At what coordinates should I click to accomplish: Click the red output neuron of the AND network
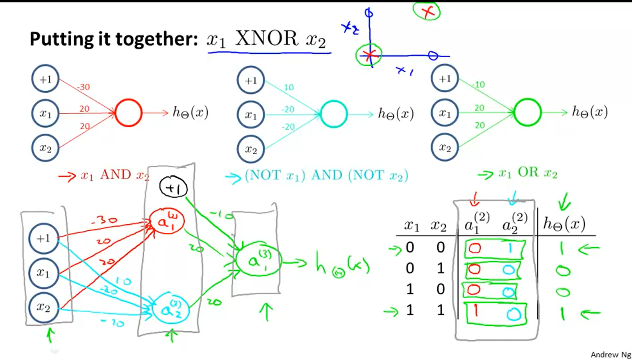[x=129, y=113]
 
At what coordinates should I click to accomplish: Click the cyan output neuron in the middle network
[x=334, y=114]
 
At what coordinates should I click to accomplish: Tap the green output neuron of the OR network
[x=527, y=113]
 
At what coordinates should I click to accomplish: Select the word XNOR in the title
[x=266, y=39]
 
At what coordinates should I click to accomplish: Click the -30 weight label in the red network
[x=83, y=87]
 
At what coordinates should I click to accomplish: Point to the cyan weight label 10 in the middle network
[x=289, y=87]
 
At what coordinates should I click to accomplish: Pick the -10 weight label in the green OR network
[x=479, y=84]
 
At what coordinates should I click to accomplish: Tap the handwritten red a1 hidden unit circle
[x=167, y=220]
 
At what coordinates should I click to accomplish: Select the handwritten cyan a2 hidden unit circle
[x=170, y=309]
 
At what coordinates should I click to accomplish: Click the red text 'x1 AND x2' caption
[x=115, y=175]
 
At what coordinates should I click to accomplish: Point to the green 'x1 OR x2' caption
[x=528, y=173]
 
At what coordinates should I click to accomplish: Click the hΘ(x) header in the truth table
[x=564, y=224]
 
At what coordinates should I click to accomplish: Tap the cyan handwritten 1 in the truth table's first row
[x=511, y=249]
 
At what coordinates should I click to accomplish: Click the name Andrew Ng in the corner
[x=610, y=354]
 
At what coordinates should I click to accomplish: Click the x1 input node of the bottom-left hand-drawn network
[x=43, y=273]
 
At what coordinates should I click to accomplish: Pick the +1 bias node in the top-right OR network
[x=445, y=79]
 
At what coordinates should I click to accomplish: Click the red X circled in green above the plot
[x=427, y=11]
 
